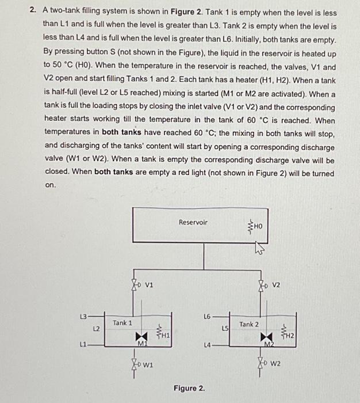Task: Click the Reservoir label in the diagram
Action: point(193,222)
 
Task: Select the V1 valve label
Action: point(148,283)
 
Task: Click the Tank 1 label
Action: point(122,323)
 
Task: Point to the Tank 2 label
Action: point(249,324)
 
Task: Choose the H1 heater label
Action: point(165,334)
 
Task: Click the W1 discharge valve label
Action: point(148,364)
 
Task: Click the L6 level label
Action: point(207,316)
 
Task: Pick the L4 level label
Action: point(207,344)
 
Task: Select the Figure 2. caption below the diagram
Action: point(189,389)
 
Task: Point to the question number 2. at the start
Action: point(34,13)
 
